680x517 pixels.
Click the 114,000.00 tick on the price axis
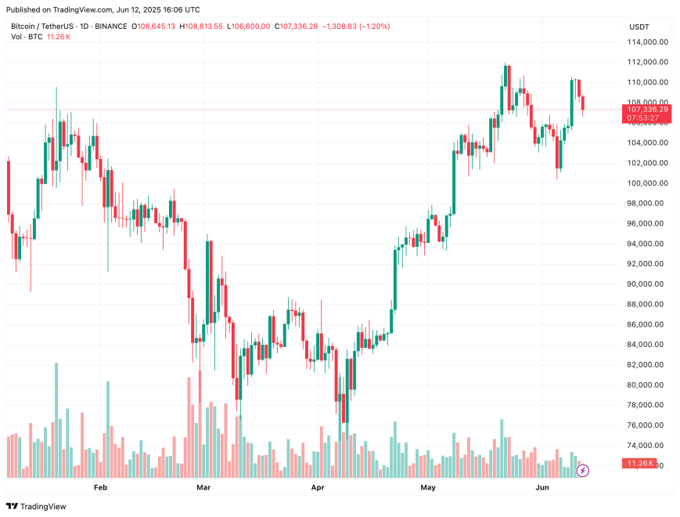click(x=647, y=42)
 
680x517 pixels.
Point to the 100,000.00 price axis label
click(x=647, y=183)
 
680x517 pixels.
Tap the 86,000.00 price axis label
click(x=647, y=324)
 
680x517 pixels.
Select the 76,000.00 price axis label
click(x=647, y=425)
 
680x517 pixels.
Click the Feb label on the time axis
click(x=99, y=487)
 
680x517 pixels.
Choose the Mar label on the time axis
click(x=204, y=487)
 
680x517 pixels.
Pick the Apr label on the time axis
click(x=318, y=487)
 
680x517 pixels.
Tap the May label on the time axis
click(x=427, y=487)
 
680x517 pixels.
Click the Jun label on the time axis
click(x=541, y=487)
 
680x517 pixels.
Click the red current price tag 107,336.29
click(x=647, y=110)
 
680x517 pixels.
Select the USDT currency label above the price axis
click(x=639, y=27)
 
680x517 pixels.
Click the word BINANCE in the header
click(x=110, y=27)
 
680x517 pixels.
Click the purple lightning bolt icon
click(x=583, y=471)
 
